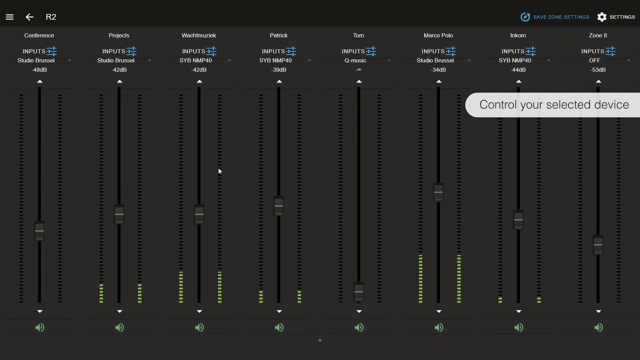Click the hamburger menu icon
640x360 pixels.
click(x=9, y=17)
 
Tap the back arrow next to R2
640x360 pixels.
click(x=29, y=17)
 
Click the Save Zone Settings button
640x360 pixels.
click(x=555, y=17)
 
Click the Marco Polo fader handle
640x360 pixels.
click(x=438, y=192)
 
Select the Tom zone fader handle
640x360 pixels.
click(x=358, y=291)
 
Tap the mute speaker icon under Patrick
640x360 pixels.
click(x=279, y=327)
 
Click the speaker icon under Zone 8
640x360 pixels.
click(x=598, y=327)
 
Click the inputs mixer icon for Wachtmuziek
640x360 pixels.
click(x=211, y=51)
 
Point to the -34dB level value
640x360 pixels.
click(x=438, y=70)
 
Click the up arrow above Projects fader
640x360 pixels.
click(x=119, y=81)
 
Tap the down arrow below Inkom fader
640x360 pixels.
click(x=518, y=311)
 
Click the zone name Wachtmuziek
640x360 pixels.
click(x=199, y=35)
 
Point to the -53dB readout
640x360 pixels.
click(x=598, y=70)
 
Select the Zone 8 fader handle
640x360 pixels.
click(x=598, y=244)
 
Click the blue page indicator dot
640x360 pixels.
click(x=320, y=340)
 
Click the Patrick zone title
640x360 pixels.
click(x=278, y=35)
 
